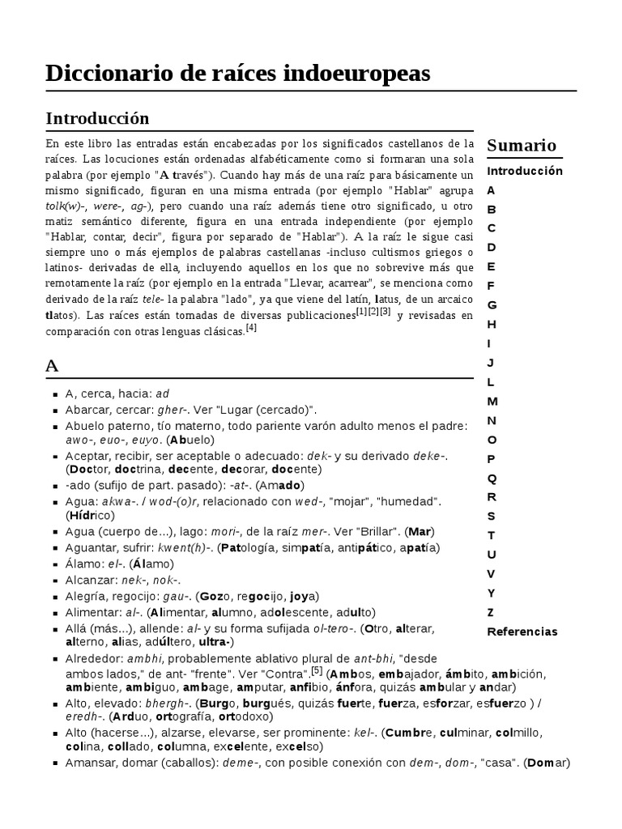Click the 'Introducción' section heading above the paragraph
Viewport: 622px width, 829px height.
[97, 118]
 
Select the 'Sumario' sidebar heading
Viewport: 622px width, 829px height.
[522, 146]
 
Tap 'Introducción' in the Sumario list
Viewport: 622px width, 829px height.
[524, 171]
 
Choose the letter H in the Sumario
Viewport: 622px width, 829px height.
[492, 324]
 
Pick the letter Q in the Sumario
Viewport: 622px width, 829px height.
[492, 478]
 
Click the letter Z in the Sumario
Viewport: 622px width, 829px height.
[491, 612]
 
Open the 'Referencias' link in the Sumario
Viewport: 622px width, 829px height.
[522, 631]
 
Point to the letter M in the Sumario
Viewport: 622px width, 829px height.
[492, 401]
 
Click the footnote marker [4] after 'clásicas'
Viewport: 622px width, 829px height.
[251, 327]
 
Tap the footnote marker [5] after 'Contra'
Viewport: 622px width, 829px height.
[317, 670]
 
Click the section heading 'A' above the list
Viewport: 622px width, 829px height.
[53, 366]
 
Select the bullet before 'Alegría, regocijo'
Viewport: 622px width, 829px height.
[55, 596]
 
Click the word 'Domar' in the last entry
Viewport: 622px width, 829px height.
[547, 763]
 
